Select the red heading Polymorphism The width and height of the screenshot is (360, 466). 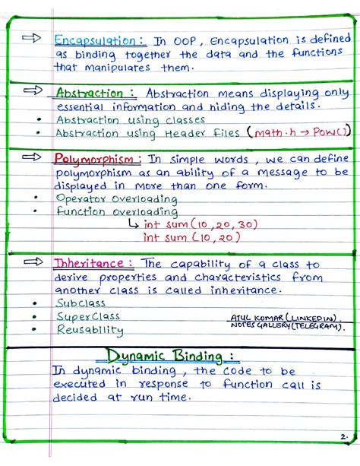[97, 160]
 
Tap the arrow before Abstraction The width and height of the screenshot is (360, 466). [32, 90]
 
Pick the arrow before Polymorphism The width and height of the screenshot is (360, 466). [32, 157]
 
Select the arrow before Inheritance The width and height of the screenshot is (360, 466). [32, 261]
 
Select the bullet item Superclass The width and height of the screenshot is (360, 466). [88, 316]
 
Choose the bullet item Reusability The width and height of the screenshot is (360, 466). [90, 330]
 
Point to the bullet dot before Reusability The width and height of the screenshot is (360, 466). [35, 329]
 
